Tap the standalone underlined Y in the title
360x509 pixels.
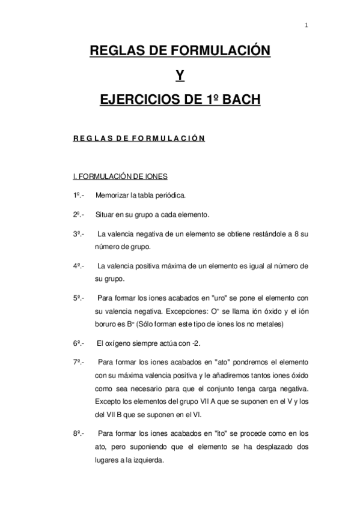[180, 76]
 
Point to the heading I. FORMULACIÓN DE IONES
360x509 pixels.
[120, 176]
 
